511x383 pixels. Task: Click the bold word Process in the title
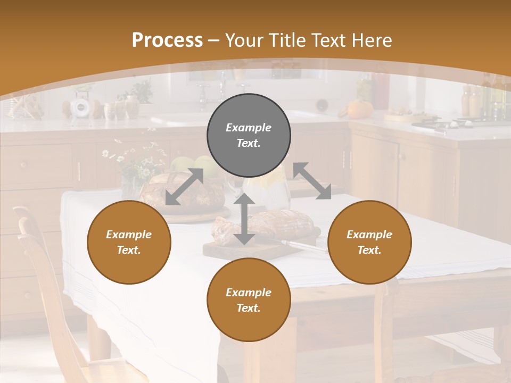point(167,40)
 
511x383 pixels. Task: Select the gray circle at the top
point(249,136)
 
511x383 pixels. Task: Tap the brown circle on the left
point(129,242)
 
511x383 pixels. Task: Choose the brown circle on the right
point(369,242)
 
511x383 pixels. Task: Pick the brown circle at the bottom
point(249,300)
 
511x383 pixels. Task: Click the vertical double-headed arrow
point(244,219)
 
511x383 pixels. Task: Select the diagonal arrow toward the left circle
point(184,187)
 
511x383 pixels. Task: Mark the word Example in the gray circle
point(249,128)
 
